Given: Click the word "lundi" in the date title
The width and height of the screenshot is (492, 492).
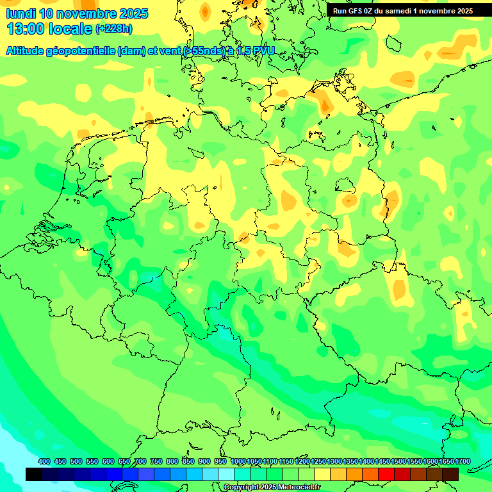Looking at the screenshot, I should coord(21,13).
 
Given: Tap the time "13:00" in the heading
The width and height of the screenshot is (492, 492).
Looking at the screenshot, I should coord(25,29).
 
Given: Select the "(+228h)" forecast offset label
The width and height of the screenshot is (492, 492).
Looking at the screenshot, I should coord(114,28).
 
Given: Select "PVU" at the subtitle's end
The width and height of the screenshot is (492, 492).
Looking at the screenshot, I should coord(261,51).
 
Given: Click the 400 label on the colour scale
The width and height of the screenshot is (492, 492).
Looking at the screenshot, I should coord(44,461).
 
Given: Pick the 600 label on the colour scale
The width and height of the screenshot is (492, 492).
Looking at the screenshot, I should coord(108,461).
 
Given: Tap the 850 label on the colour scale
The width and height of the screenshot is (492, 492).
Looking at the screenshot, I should coord(188,461).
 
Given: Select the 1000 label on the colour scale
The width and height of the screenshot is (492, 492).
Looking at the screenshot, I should coord(238,461).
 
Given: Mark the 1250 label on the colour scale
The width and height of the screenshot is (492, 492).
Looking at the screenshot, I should coord(318,461).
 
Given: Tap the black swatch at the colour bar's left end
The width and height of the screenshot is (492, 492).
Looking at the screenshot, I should coord(34,474).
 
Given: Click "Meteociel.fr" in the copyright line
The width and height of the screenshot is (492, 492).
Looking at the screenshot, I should coord(299,488).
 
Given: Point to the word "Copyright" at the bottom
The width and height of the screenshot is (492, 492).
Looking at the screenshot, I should coord(242,488).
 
